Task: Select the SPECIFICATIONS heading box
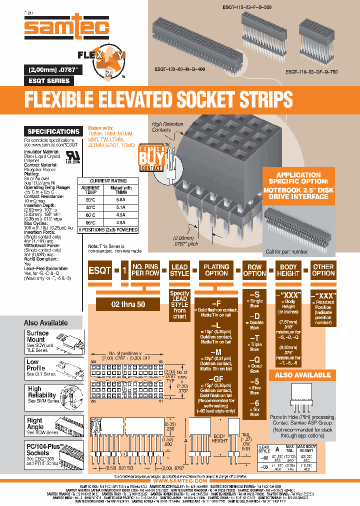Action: pos(53,131)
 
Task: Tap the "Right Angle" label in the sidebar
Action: pos(35,424)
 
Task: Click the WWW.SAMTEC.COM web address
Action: pos(179,480)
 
